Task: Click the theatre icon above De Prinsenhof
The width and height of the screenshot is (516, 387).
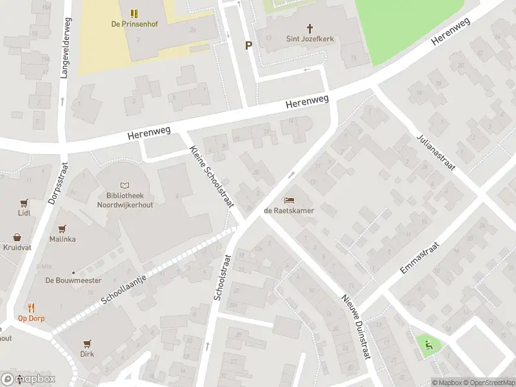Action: click(x=134, y=14)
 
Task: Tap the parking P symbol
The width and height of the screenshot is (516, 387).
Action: click(x=248, y=45)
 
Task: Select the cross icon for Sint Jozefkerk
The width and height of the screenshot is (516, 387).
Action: click(x=310, y=28)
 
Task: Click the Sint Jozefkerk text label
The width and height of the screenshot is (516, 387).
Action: click(x=310, y=39)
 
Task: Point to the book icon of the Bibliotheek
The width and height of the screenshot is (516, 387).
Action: click(x=125, y=185)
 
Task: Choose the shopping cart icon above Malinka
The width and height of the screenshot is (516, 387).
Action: click(x=63, y=228)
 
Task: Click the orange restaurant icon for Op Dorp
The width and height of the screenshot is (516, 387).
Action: click(x=30, y=308)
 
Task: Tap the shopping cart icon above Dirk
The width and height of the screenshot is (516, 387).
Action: click(x=88, y=344)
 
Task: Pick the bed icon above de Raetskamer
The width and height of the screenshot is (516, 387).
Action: click(x=288, y=200)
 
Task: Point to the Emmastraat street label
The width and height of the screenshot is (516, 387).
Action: click(x=419, y=257)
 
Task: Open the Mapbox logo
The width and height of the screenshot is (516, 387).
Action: click(x=28, y=379)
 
